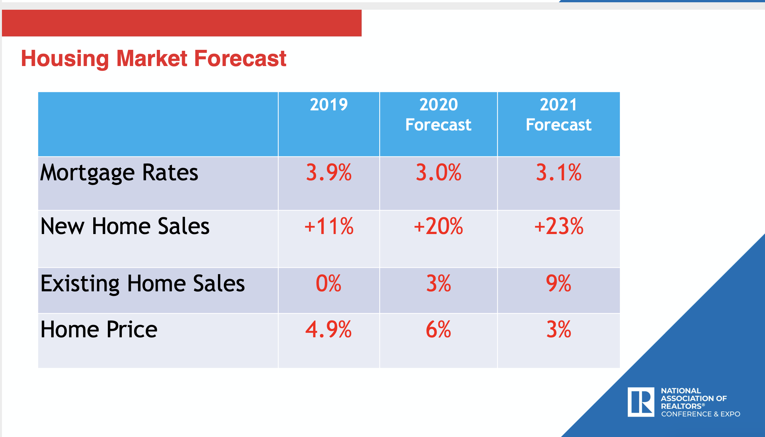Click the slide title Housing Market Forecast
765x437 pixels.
[x=154, y=59]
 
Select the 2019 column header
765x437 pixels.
[x=329, y=105]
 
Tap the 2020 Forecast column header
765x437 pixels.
[x=438, y=115]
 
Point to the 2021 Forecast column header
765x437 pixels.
[x=558, y=115]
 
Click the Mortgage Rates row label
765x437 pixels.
[x=119, y=173]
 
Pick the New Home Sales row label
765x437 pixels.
[x=125, y=226]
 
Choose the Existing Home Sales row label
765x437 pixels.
[x=143, y=284]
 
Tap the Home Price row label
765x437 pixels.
[x=99, y=330]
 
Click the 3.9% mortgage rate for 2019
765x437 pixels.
[x=329, y=172]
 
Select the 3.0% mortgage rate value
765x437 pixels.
[x=438, y=172]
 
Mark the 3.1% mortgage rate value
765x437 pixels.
[x=558, y=172]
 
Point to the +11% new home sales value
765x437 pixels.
[x=329, y=226]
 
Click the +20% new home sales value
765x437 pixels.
[x=438, y=226]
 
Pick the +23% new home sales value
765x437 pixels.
[x=558, y=226]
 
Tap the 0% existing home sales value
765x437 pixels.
[x=328, y=284]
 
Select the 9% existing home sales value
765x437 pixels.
[x=558, y=284]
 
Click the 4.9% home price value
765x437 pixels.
[x=328, y=330]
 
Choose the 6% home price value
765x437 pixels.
[x=438, y=330]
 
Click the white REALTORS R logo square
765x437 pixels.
[x=641, y=402]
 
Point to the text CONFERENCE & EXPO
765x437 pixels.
[x=701, y=414]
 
